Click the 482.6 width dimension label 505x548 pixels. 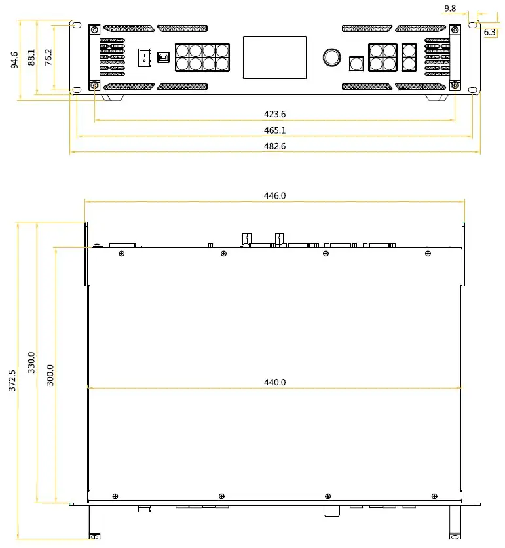[274, 146]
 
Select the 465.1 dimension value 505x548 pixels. [274, 130]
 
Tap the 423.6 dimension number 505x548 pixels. [274, 114]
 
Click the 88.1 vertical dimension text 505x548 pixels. [31, 57]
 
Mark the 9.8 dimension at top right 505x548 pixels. [468, 8]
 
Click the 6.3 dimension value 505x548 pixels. [489, 31]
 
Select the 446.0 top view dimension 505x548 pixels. [274, 195]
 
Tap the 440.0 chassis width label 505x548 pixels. [274, 382]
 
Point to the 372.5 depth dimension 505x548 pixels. [12, 381]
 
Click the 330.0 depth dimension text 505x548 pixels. [31, 362]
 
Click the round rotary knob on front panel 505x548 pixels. [331, 58]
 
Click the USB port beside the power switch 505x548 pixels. [162, 58]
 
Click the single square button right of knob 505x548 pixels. [357, 63]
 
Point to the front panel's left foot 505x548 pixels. [113, 98]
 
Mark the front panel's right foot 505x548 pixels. [437, 98]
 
